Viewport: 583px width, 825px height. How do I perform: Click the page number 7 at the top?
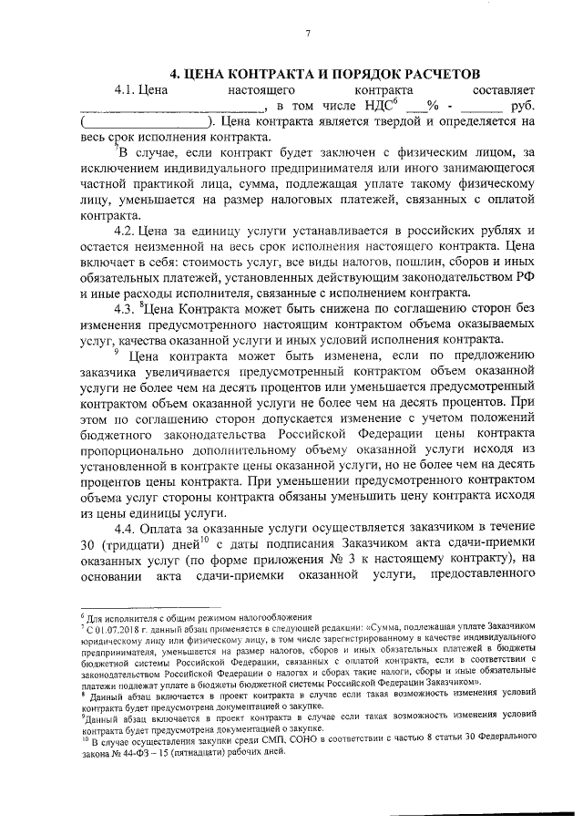click(x=308, y=34)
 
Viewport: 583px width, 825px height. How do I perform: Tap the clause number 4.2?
click(x=127, y=227)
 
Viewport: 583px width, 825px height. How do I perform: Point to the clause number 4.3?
click(x=127, y=306)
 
